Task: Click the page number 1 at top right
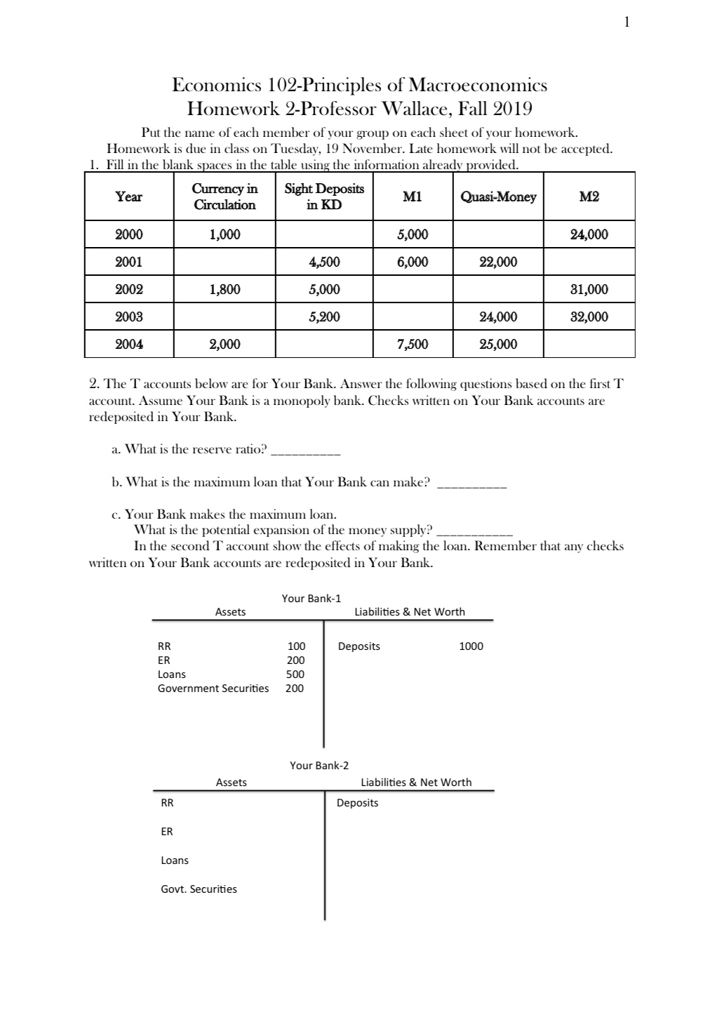point(627,22)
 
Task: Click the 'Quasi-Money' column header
point(497,197)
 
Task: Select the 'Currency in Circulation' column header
point(225,197)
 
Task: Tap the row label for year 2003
point(129,317)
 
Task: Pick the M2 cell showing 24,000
point(589,234)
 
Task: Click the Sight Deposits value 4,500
point(323,262)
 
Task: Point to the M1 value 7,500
point(412,344)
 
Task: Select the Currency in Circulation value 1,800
point(225,289)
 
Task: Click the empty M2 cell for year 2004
point(589,344)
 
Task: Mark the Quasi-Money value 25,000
point(497,344)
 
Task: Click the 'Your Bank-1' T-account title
point(311,598)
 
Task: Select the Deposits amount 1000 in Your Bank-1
point(471,646)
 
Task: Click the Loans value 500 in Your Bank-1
point(295,674)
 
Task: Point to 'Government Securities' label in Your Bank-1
point(213,688)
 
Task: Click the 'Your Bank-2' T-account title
point(319,765)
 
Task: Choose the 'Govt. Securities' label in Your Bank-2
point(199,889)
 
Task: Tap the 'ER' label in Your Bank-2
point(167,831)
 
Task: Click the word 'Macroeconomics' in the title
point(478,86)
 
